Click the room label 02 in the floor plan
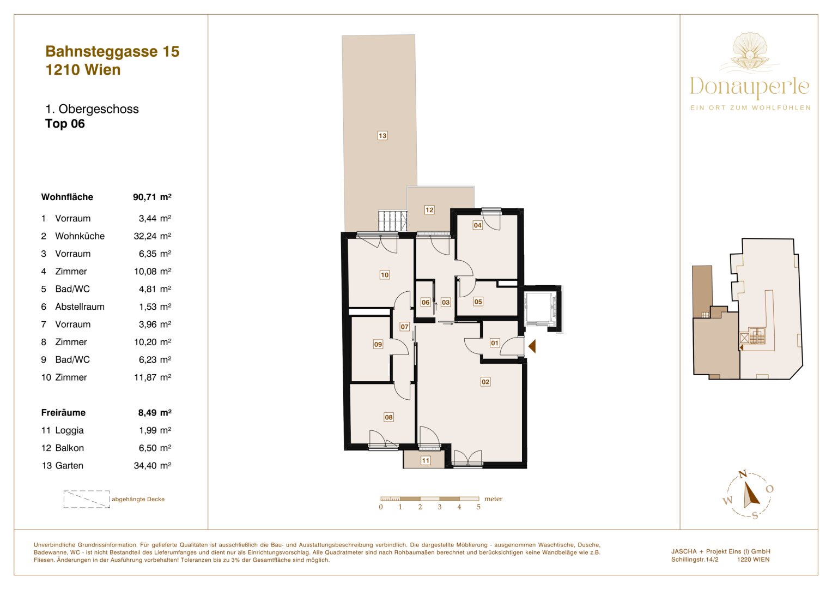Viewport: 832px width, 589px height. [485, 382]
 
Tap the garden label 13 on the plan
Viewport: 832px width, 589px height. [382, 136]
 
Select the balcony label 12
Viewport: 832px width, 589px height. [429, 210]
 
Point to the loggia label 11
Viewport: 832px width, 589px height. [426, 461]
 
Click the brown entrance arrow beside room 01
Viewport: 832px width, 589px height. [532, 346]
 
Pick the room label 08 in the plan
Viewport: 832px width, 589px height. [388, 417]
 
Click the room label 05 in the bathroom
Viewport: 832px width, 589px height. [478, 302]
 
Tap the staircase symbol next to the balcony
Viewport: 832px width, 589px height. [393, 221]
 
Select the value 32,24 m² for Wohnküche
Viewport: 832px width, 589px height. [152, 236]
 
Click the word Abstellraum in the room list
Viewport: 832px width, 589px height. [80, 306]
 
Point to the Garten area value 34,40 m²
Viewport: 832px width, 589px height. [152, 466]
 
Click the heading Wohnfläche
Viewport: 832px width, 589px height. [67, 197]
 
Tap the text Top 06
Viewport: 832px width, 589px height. [65, 124]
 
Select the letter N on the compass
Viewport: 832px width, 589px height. [743, 474]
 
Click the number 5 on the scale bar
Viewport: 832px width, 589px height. [479, 507]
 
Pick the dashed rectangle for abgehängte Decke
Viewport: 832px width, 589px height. [87, 499]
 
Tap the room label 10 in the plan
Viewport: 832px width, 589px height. [385, 275]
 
